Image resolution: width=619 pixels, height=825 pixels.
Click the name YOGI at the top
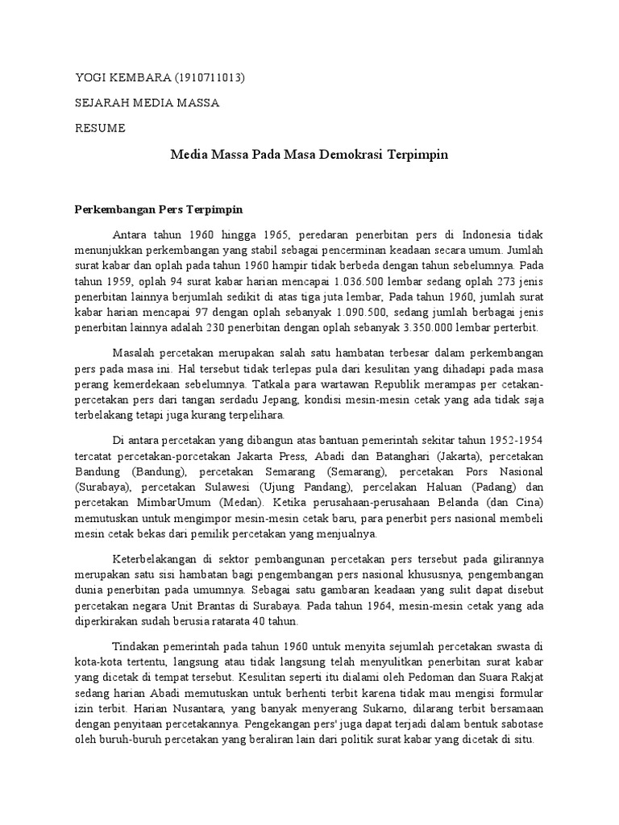89,78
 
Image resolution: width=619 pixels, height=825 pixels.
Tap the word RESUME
100,127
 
